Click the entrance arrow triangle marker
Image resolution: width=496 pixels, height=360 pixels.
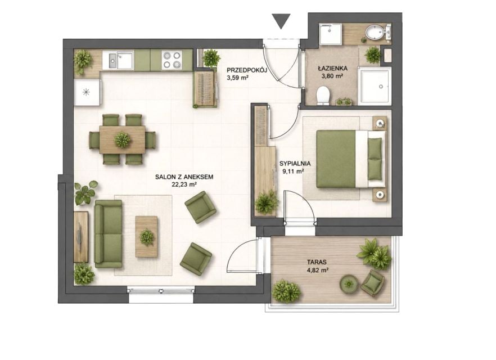point(281,21)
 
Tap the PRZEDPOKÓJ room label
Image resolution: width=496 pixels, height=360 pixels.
point(247,70)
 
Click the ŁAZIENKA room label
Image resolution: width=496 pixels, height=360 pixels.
point(333,68)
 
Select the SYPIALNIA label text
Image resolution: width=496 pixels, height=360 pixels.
point(295,164)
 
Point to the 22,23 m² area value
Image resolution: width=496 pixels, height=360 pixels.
point(184,184)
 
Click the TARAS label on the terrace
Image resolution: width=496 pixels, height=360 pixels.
point(317,262)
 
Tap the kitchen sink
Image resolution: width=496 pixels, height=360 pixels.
point(121,60)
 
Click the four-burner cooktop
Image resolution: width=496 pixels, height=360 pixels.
point(172,60)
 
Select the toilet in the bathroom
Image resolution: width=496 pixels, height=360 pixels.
point(323,95)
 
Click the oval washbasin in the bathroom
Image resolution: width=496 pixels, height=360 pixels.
point(375,32)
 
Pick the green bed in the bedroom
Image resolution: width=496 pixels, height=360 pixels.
point(351,159)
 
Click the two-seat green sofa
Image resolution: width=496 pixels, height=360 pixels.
point(108,234)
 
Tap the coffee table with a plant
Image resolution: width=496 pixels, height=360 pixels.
point(146,237)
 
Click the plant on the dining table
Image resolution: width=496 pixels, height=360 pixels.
point(122,139)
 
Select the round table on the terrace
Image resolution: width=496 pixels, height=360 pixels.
point(349,283)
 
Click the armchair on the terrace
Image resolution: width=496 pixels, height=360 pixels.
point(373,283)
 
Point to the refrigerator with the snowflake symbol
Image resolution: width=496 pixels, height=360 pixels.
point(87,92)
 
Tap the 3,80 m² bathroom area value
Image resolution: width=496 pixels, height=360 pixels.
point(333,75)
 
